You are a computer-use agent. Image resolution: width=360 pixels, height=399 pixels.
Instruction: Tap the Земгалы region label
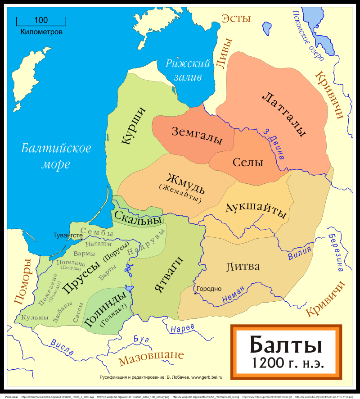pos(197,136)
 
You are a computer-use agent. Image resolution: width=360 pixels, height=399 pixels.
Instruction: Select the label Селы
pos(247,163)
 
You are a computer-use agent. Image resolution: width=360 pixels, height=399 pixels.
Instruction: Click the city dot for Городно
pos(195,293)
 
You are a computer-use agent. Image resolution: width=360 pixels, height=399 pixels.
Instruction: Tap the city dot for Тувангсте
pos(81,239)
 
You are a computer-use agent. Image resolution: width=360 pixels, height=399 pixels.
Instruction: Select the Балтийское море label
pos(56,156)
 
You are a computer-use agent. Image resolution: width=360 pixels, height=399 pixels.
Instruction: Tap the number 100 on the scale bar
pos(41,20)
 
